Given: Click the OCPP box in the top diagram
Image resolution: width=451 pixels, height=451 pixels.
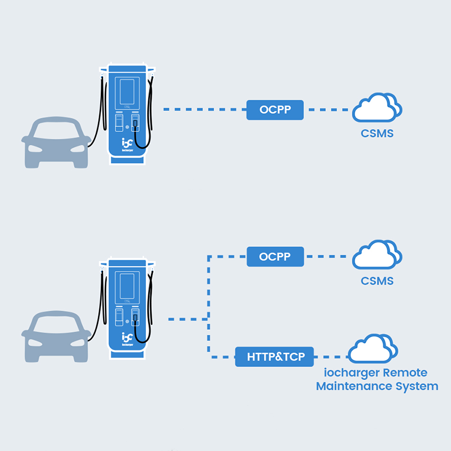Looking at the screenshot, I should tap(275, 109).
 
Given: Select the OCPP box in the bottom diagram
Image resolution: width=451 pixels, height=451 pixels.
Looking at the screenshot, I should tap(275, 257).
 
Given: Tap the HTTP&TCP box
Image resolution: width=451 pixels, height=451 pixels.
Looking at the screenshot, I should tap(275, 356).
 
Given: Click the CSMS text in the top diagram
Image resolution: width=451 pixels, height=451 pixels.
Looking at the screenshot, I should tap(377, 134).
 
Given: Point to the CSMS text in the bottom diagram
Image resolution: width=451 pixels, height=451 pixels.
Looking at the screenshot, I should tap(377, 281).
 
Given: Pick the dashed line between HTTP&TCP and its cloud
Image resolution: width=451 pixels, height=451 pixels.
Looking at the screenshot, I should tap(331, 356).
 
